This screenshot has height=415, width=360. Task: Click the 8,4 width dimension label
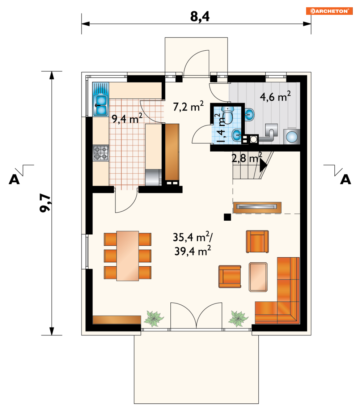(x=200, y=16)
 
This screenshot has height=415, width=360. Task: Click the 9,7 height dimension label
(x=45, y=203)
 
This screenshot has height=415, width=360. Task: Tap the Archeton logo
(x=329, y=11)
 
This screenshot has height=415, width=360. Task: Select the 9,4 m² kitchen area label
(x=127, y=118)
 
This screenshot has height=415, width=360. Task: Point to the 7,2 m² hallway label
(x=188, y=106)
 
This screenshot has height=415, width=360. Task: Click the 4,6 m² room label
(x=275, y=96)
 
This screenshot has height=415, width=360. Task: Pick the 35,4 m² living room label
(x=192, y=237)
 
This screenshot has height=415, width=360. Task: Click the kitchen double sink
(x=101, y=106)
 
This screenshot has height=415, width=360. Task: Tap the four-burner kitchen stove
(x=101, y=153)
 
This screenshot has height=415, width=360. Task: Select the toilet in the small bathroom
(x=228, y=115)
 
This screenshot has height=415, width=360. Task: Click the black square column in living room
(x=227, y=217)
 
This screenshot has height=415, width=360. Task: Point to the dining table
(x=128, y=256)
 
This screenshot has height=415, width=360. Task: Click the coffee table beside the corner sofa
(x=258, y=277)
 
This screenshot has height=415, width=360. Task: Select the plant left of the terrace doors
(x=154, y=318)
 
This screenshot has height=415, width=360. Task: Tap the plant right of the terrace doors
(x=238, y=318)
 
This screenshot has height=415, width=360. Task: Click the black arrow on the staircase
(x=263, y=166)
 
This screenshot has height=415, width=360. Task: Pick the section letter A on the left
(x=14, y=179)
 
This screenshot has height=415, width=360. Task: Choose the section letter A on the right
(x=346, y=179)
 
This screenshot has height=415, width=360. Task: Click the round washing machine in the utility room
(x=292, y=137)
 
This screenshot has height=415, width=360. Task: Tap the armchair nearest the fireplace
(x=257, y=241)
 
